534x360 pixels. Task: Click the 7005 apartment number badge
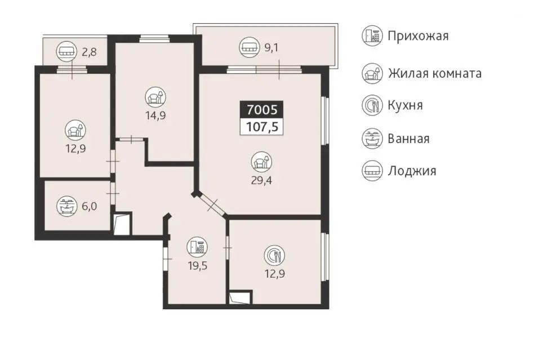tap(261, 110)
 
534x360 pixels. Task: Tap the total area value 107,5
tap(262, 127)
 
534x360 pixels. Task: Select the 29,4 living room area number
tap(261, 180)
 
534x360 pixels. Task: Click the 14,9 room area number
tap(155, 115)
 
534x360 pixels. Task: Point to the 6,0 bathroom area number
tap(89, 206)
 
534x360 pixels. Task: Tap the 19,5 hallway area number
tap(198, 265)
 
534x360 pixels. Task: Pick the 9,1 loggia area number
tap(272, 47)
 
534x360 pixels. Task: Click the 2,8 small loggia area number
tap(89, 52)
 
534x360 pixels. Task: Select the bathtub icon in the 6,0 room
tap(66, 206)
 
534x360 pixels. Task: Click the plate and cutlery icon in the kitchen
tap(274, 255)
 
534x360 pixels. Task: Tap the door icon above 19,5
tap(197, 247)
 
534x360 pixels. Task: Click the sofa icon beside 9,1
tap(250, 47)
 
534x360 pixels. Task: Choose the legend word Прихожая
tap(418, 36)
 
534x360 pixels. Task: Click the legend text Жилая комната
tap(434, 73)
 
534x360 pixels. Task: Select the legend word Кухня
tap(405, 105)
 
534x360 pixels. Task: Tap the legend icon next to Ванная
tap(372, 139)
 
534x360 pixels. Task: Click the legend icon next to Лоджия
tap(372, 170)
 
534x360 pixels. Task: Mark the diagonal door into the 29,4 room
tap(212, 205)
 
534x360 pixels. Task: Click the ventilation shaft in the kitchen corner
tap(240, 297)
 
